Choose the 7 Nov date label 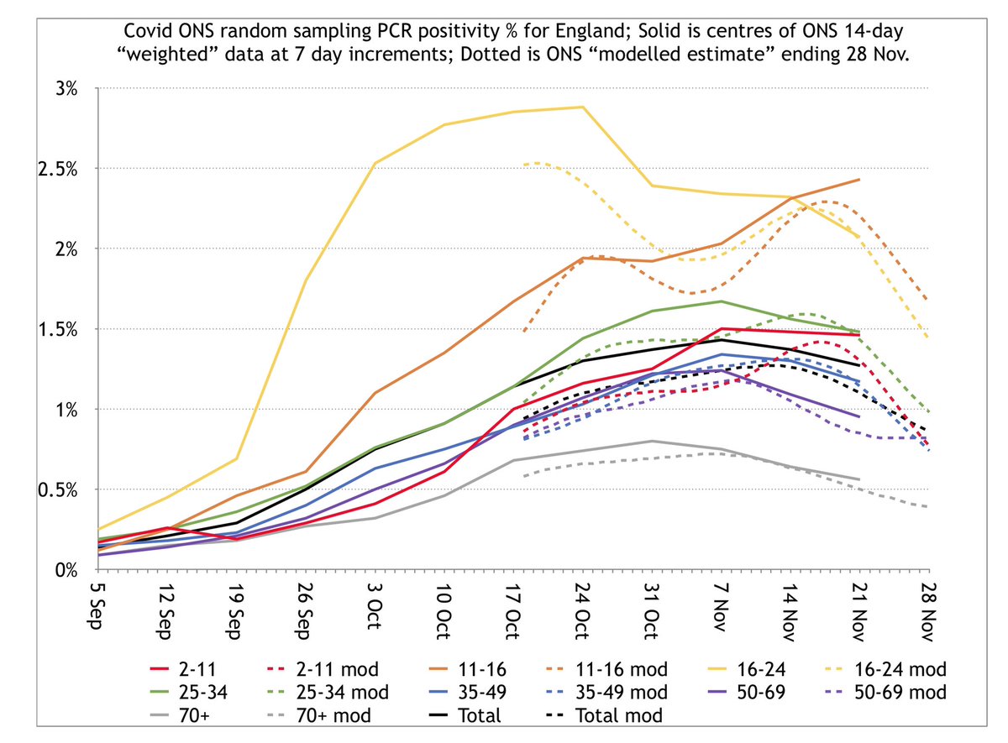[x=721, y=607]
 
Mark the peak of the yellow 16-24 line [x=582, y=107]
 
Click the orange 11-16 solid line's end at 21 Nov [x=858, y=180]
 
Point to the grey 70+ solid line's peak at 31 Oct [x=652, y=441]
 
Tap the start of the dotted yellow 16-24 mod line [x=524, y=165]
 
